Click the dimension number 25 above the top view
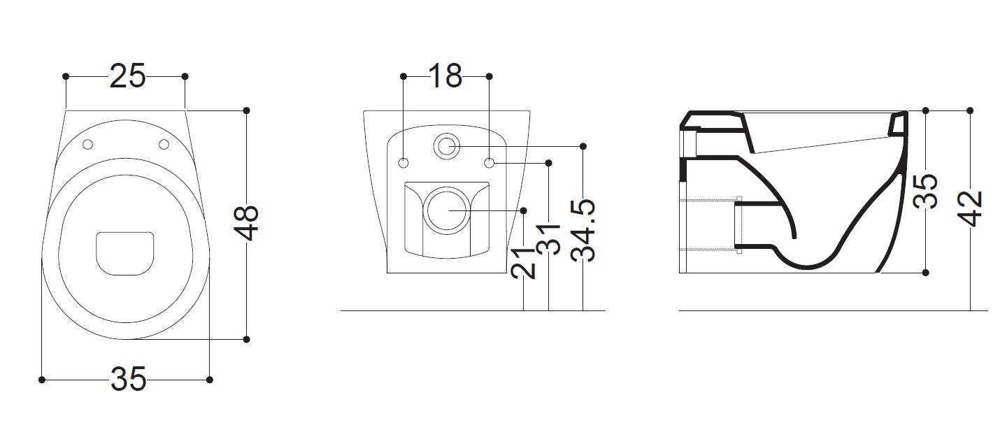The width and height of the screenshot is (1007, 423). tap(128, 76)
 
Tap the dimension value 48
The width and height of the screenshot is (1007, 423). tap(246, 224)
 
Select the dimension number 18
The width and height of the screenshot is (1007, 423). tap(445, 76)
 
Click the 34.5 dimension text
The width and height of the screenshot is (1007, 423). tap(583, 231)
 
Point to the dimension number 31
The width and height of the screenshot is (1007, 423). tap(548, 239)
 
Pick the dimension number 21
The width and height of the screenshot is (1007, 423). tap(524, 263)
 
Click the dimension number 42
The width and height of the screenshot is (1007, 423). tap(970, 209)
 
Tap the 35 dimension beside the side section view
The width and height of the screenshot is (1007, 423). tap(926, 191)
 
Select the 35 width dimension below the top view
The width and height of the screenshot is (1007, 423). tap(128, 379)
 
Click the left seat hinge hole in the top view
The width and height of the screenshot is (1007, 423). tap(88, 144)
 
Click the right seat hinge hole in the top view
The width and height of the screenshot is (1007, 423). tap(164, 144)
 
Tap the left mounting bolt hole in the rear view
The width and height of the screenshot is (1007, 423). tap(403, 163)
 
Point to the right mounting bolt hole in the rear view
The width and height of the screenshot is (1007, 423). tap(490, 163)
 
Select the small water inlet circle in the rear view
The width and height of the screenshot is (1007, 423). tap(446, 146)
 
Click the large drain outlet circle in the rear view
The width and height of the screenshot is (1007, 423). tap(448, 210)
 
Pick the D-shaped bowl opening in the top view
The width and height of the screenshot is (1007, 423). tap(125, 254)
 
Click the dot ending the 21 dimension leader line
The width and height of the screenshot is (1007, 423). tap(523, 210)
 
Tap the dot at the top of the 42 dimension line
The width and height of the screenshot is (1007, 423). tap(970, 110)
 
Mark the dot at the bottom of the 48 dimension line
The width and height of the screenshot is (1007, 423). tap(246, 339)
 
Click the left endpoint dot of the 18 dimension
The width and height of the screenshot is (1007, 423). tap(403, 76)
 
